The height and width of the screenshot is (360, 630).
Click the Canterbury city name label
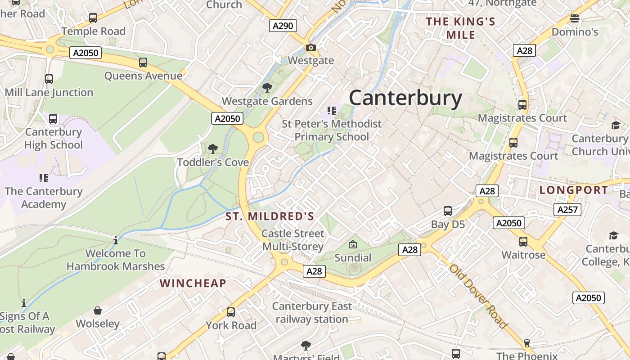[405, 98]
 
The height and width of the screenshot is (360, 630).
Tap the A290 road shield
[283, 26]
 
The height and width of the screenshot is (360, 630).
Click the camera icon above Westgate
[310, 47]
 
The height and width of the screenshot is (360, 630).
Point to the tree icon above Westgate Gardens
[267, 88]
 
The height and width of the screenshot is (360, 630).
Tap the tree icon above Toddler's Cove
[212, 148]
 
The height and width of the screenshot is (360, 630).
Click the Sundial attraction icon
[353, 245]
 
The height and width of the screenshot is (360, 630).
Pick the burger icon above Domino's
[574, 18]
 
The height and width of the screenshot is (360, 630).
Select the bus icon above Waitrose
[523, 242]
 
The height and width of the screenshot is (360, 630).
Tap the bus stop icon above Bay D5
[448, 211]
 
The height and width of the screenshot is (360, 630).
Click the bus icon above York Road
[231, 312]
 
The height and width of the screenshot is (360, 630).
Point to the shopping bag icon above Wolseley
[98, 310]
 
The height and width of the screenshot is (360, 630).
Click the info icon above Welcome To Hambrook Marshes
[116, 240]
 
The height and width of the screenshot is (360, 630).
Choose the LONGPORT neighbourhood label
[574, 190]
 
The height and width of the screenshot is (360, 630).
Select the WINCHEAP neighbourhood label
[193, 283]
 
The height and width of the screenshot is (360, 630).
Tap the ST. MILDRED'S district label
[270, 216]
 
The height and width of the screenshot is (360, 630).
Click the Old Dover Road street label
[477, 296]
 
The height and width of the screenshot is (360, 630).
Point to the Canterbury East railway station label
[312, 313]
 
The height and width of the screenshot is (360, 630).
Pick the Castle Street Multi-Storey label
[293, 240]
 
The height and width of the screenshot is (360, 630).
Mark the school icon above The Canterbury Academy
[44, 178]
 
